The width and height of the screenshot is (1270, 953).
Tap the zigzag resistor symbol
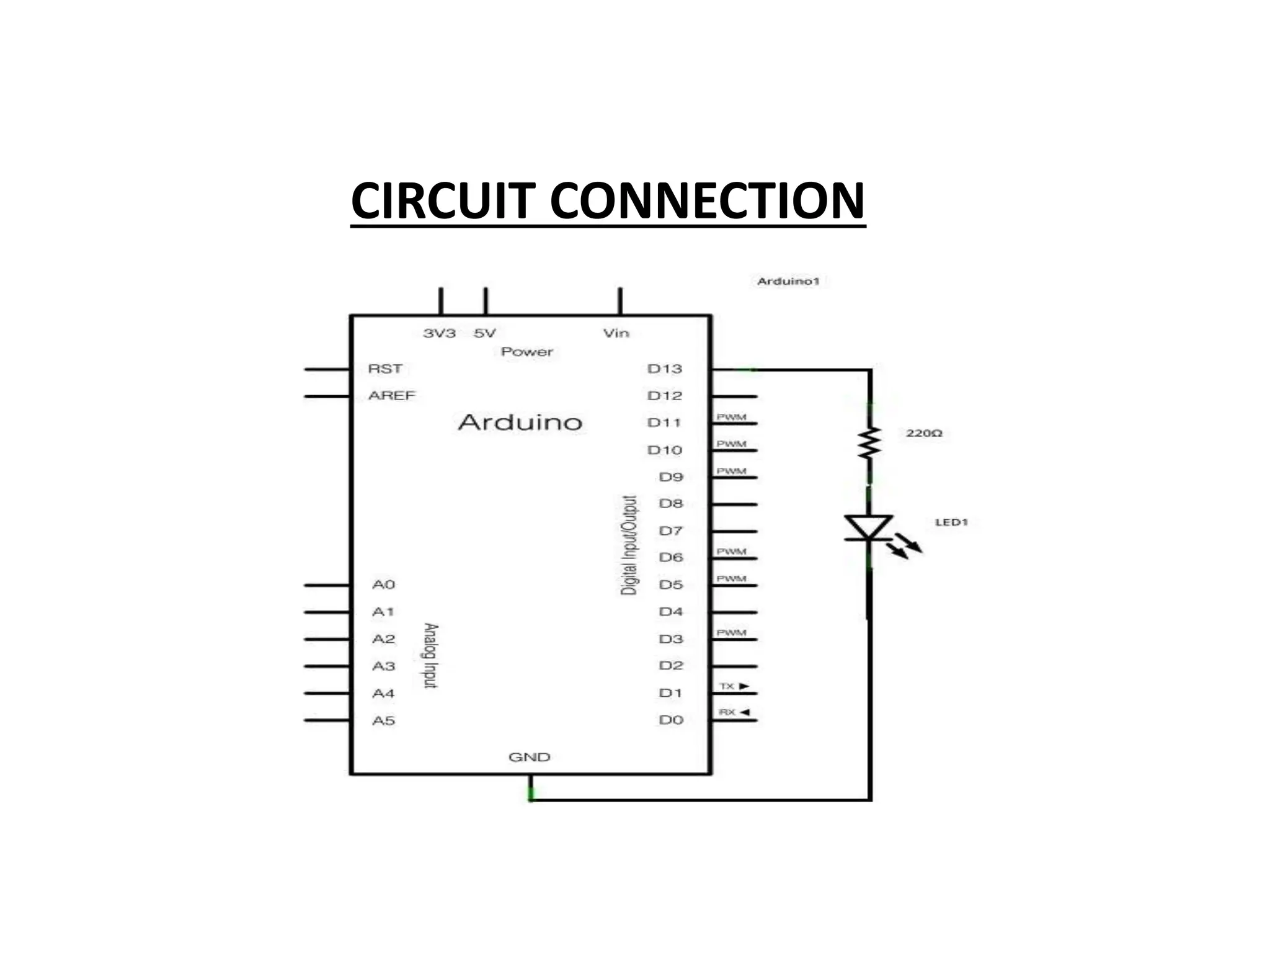(x=869, y=442)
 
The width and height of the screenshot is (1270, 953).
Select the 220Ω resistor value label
(x=924, y=433)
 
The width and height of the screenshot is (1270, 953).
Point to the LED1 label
(x=951, y=522)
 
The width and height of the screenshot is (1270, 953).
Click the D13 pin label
(x=664, y=369)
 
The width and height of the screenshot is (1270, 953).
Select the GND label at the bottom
(x=529, y=757)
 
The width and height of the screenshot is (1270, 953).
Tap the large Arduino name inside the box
(x=520, y=423)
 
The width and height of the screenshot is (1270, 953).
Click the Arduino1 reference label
(x=788, y=282)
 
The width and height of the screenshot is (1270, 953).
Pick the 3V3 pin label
(x=439, y=333)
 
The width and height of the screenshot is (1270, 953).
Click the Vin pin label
(x=616, y=333)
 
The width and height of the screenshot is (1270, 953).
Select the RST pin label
(x=385, y=369)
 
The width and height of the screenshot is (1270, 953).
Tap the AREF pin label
(x=391, y=396)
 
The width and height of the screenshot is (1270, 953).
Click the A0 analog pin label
(x=383, y=584)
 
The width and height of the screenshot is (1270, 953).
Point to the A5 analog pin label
(x=383, y=720)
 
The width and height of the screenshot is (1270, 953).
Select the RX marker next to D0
(x=734, y=712)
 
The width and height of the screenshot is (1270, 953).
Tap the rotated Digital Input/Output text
(x=629, y=545)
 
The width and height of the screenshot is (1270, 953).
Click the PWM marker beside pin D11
(x=731, y=417)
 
